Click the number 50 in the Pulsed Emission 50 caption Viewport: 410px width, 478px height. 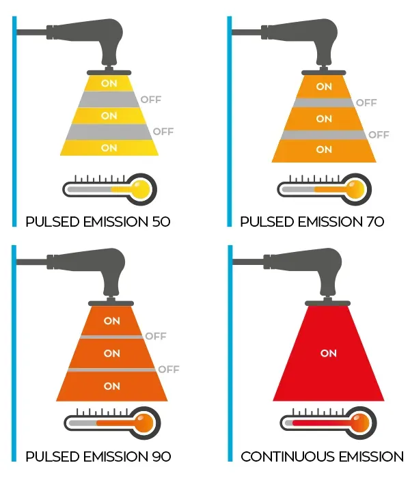(161, 222)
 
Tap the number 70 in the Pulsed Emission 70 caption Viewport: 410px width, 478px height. (375, 222)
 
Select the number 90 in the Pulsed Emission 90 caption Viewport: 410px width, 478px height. (161, 457)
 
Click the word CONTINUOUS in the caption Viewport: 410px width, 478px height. (288, 457)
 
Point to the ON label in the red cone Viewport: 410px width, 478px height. (329, 353)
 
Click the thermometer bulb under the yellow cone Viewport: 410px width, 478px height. (141, 189)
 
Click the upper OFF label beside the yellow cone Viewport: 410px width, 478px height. (151, 100)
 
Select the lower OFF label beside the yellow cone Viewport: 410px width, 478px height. (163, 132)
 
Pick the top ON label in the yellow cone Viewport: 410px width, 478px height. (109, 83)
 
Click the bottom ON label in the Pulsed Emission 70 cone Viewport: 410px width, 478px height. (324, 150)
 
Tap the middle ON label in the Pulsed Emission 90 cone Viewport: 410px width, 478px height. (112, 354)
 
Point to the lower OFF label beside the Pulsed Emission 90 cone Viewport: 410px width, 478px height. (169, 369)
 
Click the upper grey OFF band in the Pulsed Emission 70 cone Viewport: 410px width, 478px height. (324, 102)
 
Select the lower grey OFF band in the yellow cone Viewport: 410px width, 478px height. (109, 132)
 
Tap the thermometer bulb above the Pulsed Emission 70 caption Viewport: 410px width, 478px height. (355, 189)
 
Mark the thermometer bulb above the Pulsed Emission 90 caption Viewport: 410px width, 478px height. (144, 423)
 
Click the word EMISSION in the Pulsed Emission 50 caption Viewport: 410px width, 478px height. (116, 222)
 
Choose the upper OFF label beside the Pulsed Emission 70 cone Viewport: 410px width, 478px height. (366, 102)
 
